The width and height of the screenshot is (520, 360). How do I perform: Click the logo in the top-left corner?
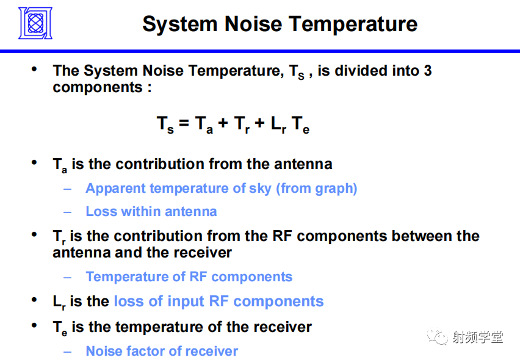[35, 23]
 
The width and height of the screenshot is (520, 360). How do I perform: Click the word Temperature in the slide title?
[353, 24]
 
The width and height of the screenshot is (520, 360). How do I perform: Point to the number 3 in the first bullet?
[427, 71]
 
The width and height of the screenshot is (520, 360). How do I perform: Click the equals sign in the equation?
[184, 124]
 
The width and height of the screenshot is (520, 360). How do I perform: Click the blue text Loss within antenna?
[151, 212]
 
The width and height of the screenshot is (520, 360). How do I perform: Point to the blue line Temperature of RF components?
[189, 277]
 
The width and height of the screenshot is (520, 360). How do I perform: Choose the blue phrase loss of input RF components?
[218, 301]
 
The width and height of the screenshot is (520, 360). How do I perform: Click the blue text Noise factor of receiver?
[162, 351]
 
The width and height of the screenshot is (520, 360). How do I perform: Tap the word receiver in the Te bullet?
[283, 327]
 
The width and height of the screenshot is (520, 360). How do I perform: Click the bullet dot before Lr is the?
[35, 300]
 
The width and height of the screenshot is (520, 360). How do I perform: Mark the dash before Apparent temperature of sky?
[68, 189]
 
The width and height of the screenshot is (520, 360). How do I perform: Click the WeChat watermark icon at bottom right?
[437, 337]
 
